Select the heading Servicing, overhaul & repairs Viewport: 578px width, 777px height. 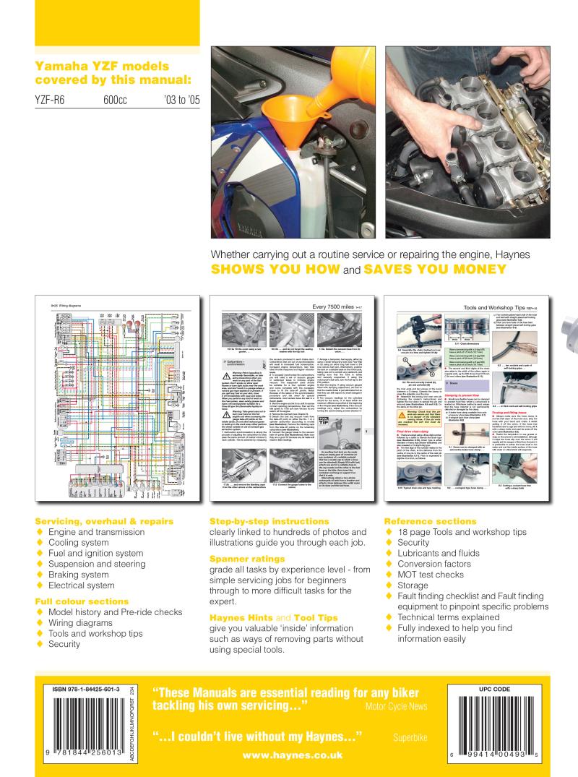[94, 522]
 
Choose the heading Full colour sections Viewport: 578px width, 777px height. [82, 601]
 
